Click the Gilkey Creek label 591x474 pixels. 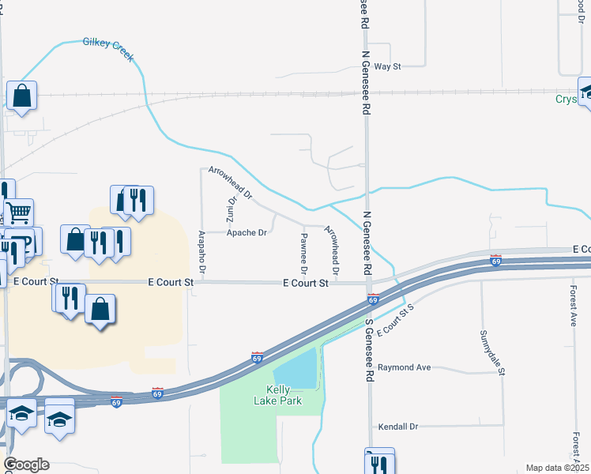[108, 49]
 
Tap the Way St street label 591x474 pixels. [388, 67]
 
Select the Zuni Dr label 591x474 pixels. [232, 209]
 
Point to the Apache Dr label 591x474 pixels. [247, 233]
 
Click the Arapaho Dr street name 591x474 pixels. [202, 253]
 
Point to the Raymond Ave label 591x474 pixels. [404, 368]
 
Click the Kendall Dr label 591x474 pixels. [397, 427]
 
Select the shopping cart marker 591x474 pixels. [19, 212]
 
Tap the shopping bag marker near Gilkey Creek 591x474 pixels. [22, 96]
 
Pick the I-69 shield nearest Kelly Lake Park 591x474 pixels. [257, 357]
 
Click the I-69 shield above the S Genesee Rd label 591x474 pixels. [373, 299]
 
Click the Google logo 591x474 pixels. [26, 465]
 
